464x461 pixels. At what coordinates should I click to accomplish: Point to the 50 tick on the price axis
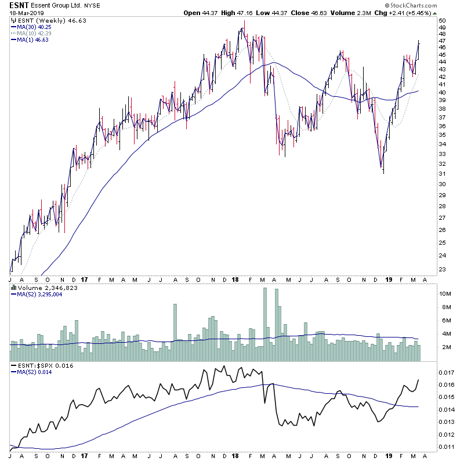443,21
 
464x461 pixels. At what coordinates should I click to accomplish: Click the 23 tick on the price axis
443,269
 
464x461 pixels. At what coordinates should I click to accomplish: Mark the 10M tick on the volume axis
444,294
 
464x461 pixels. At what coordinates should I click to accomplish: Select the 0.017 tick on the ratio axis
446,373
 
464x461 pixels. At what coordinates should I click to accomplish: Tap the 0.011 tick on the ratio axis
446,447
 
